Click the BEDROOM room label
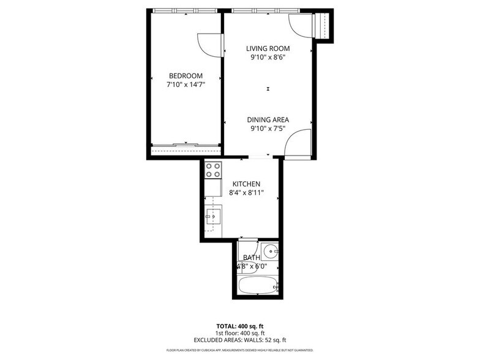click(x=186, y=75)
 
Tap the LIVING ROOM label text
click(x=268, y=48)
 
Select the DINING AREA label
click(x=268, y=119)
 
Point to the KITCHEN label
click(x=246, y=184)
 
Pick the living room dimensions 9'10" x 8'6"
click(x=268, y=58)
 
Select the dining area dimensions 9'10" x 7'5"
click(x=268, y=129)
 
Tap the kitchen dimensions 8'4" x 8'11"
click(x=246, y=193)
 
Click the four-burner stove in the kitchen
click(x=213, y=170)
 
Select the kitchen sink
click(x=213, y=215)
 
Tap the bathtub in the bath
click(x=258, y=285)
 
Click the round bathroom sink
click(x=271, y=250)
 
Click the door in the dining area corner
click(x=298, y=144)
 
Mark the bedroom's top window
click(x=185, y=10)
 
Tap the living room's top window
click(x=264, y=10)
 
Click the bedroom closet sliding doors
click(x=186, y=145)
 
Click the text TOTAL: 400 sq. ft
click(x=240, y=326)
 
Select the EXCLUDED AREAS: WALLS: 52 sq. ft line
click(x=240, y=339)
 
